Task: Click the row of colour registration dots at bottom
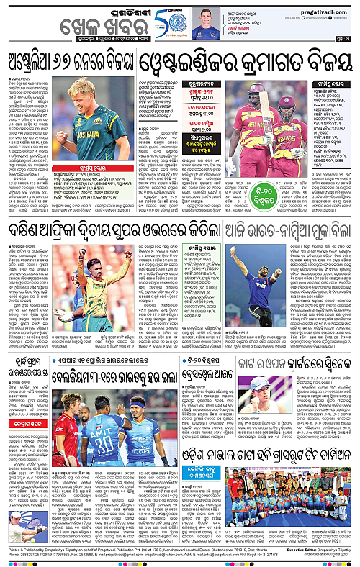tap(180, 563)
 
